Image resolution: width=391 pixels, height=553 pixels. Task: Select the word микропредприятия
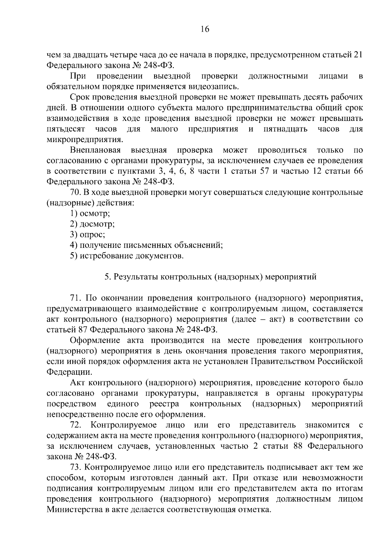pyautogui.click(x=85, y=140)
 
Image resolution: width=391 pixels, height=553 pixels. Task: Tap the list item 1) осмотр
pyautogui.click(x=90, y=214)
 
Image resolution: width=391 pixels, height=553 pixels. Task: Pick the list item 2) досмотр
pyautogui.click(x=92, y=225)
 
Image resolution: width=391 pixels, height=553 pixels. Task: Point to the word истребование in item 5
pyautogui.click(x=105, y=256)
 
